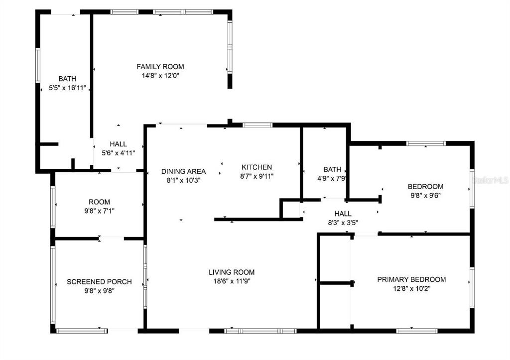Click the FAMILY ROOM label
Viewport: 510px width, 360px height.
click(160, 67)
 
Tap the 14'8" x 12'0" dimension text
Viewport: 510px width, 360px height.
click(160, 76)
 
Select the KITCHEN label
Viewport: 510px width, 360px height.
click(256, 167)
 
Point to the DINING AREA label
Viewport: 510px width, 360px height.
click(183, 171)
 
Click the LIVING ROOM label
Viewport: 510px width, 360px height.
click(232, 272)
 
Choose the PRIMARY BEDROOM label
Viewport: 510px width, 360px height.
click(411, 279)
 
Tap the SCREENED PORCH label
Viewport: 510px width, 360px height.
click(99, 282)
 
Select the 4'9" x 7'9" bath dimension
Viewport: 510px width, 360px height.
click(332, 178)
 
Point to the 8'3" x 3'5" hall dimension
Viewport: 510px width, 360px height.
click(343, 223)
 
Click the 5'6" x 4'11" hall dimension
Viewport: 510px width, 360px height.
click(118, 153)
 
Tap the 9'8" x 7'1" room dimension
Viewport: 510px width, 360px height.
click(99, 211)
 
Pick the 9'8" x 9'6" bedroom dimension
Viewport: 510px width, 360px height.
click(425, 196)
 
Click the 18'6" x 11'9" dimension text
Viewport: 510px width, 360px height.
click(232, 281)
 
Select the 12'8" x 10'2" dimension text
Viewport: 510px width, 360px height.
click(411, 288)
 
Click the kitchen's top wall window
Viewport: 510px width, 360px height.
click(257, 125)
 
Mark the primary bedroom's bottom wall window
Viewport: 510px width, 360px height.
click(417, 331)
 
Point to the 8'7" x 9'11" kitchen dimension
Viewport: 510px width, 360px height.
click(256, 176)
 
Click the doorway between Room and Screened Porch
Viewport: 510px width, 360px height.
click(111, 239)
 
